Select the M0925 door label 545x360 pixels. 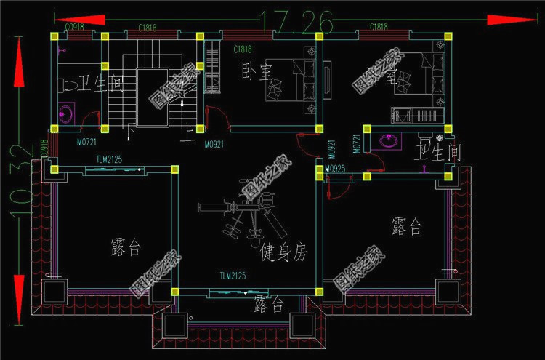(x=336, y=169)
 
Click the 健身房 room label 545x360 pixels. (x=283, y=252)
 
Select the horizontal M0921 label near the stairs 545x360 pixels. (x=214, y=145)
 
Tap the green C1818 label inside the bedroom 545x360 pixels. (x=243, y=50)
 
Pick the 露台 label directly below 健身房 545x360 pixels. (x=269, y=305)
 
